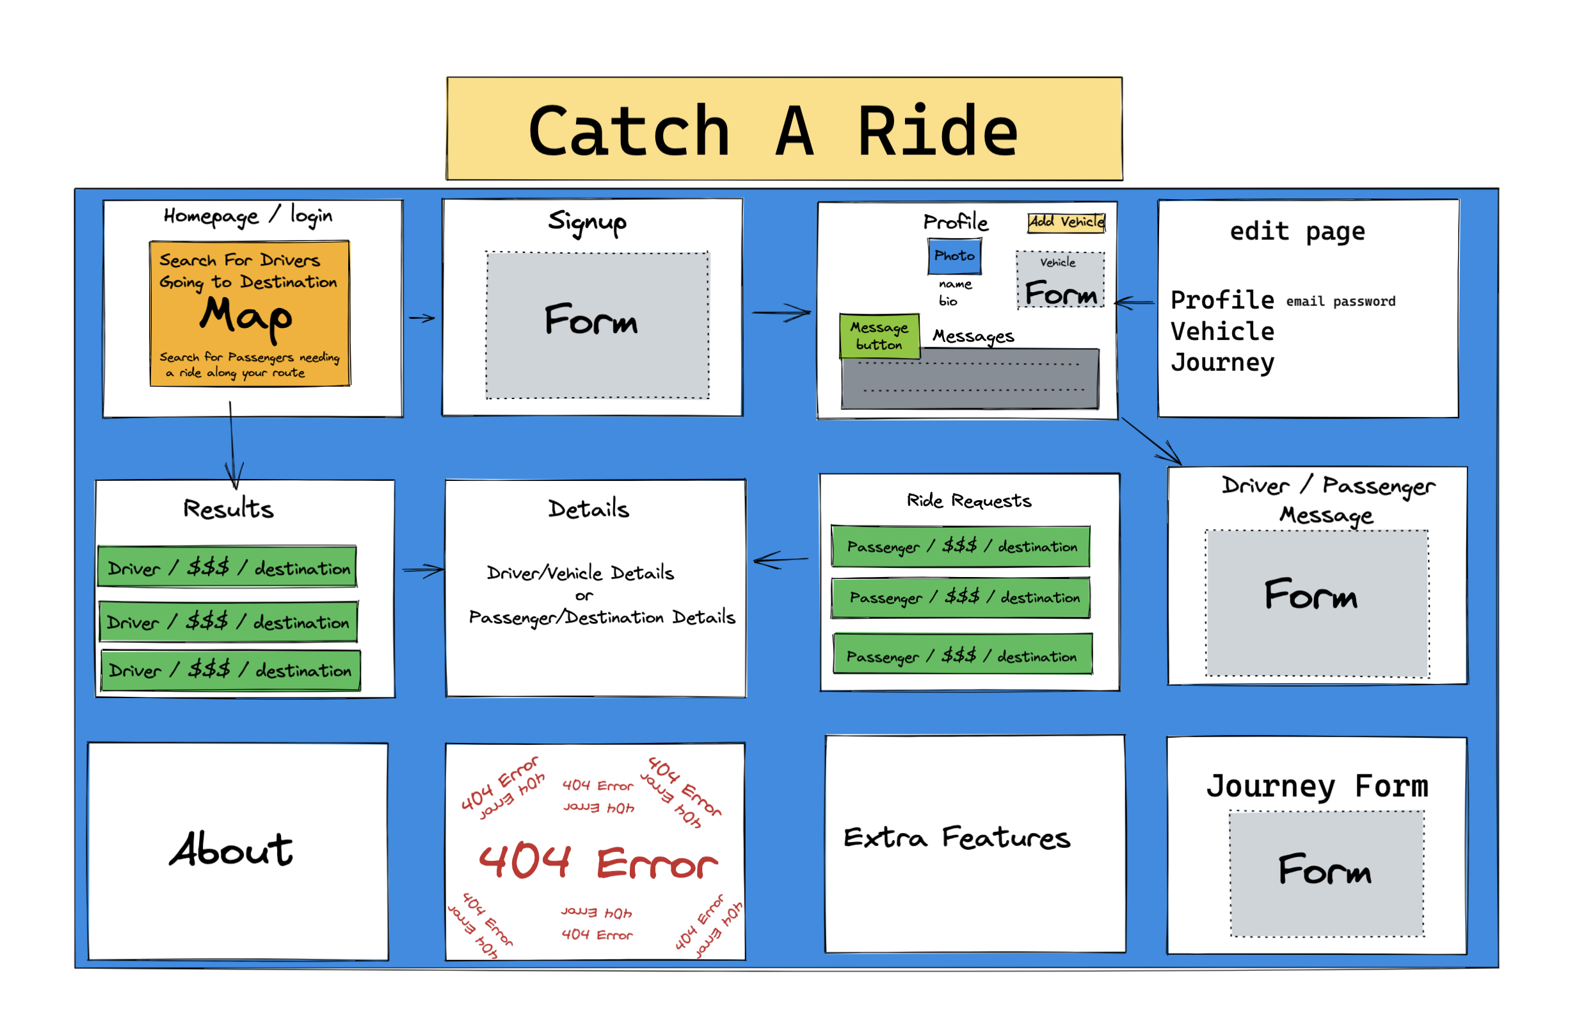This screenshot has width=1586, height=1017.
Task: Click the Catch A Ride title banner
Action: tap(783, 129)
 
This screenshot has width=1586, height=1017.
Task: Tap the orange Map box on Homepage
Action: tap(250, 313)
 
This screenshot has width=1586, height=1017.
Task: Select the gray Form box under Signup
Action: tap(597, 325)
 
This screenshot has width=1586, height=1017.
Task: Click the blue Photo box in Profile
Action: tap(954, 256)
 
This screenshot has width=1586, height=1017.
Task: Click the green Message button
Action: tap(879, 336)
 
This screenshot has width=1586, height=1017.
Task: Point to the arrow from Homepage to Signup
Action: tap(422, 318)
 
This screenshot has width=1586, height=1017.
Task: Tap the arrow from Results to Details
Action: tap(423, 569)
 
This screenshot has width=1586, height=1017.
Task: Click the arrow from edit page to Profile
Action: tap(1135, 302)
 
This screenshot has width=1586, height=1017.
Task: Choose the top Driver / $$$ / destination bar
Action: tap(227, 567)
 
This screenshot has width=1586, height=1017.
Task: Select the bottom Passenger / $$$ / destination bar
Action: tap(963, 655)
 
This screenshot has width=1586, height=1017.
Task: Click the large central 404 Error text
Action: tap(597, 862)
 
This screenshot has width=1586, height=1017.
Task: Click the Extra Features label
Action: tap(956, 838)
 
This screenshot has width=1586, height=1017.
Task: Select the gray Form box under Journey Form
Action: tap(1326, 874)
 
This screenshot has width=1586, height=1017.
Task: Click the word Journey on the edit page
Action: tap(1222, 362)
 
